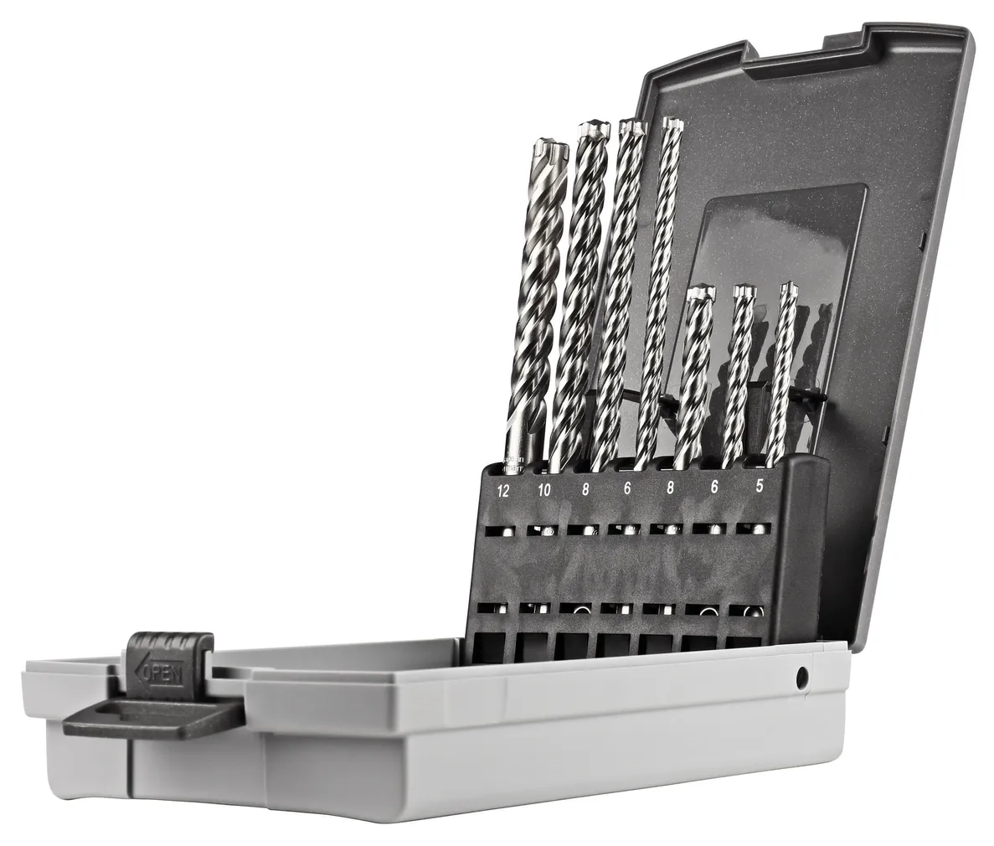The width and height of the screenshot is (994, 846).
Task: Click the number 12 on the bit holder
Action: pos(502,492)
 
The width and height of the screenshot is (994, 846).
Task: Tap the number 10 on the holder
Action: pos(544,491)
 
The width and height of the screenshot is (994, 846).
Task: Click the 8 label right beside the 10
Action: pos(586,490)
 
